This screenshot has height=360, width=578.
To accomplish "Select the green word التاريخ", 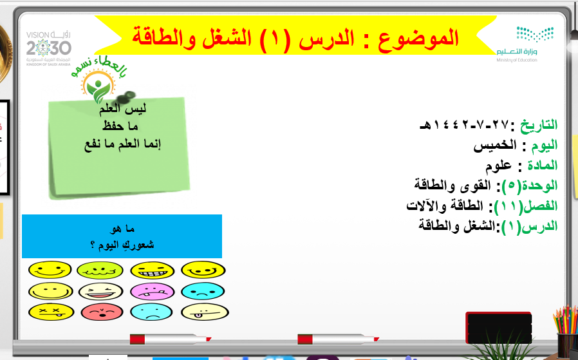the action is [539, 125].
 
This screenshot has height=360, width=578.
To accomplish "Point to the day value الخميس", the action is [495, 145].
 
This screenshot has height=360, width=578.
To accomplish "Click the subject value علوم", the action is [498, 166].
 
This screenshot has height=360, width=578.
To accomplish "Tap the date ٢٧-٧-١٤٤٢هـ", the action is [465, 125].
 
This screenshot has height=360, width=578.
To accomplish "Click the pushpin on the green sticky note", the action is [126, 97].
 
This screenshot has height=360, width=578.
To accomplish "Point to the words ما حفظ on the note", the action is [120, 126].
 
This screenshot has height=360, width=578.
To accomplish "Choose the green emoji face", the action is [100, 270].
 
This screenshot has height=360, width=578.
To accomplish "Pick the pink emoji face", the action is [153, 291].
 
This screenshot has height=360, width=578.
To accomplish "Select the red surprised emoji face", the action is [101, 312].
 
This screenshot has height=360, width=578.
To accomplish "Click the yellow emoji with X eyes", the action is [51, 312].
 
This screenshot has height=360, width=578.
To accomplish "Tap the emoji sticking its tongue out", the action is [205, 312].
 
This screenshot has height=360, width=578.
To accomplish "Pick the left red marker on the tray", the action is [171, 339].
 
